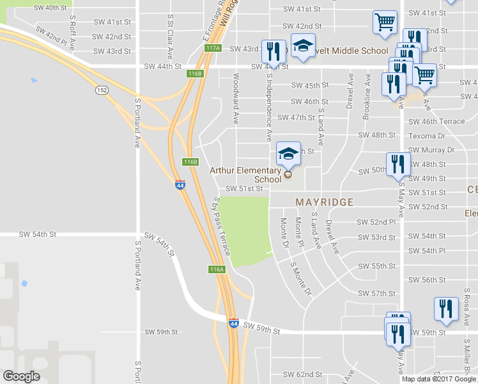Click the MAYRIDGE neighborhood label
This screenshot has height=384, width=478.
pos(324,202)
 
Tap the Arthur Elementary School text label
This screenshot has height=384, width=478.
pos(245,175)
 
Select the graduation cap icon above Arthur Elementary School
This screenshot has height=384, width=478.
pos(288,154)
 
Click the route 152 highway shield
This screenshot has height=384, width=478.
pos(102,90)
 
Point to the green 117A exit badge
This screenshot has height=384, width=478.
pos(213,48)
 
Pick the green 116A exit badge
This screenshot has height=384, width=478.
pos(217,269)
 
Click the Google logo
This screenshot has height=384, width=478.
pos(21,376)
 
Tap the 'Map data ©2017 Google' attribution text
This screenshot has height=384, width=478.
pos(439,379)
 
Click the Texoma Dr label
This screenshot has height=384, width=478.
pos(427,136)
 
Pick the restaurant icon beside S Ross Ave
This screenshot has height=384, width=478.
pos(446,308)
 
